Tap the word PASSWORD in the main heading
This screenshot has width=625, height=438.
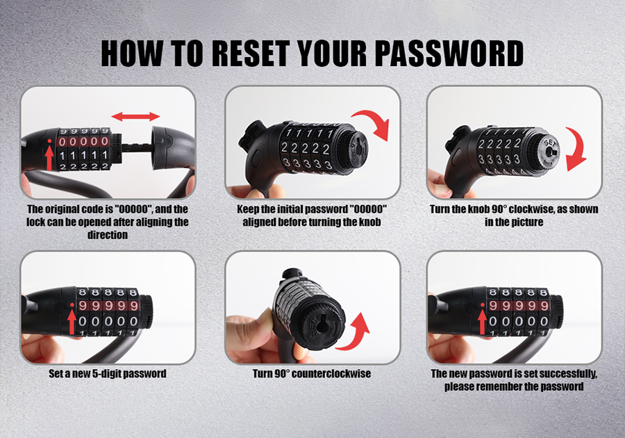coord(449,53)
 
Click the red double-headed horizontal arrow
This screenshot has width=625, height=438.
coord(135,117)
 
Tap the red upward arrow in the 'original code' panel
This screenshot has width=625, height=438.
coord(49,156)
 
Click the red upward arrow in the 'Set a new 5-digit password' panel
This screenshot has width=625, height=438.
coord(72,321)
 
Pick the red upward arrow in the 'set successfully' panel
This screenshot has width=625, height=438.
coord(483,321)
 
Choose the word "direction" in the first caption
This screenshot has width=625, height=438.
coord(108,234)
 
